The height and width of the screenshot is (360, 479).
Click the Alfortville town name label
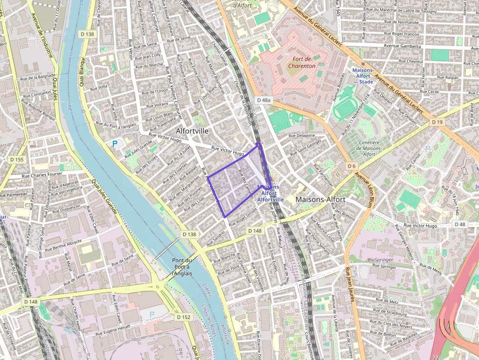pos(192,131)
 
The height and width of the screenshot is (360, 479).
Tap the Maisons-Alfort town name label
pos(320,199)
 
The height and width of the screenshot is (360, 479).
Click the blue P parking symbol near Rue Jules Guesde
pos(115,144)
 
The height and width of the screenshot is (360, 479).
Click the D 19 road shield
pos(437,121)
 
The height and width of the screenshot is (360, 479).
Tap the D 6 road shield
pos(351,166)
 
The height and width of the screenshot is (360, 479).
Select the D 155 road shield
pos(17,160)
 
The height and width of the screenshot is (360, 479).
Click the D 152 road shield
pos(184,317)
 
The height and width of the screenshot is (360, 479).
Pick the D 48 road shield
pos(459,224)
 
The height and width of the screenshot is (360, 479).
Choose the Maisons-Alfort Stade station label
pos(363,76)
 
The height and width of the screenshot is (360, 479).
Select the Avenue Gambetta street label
pos(402,46)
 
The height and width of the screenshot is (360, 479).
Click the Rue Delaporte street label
pos(302,135)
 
